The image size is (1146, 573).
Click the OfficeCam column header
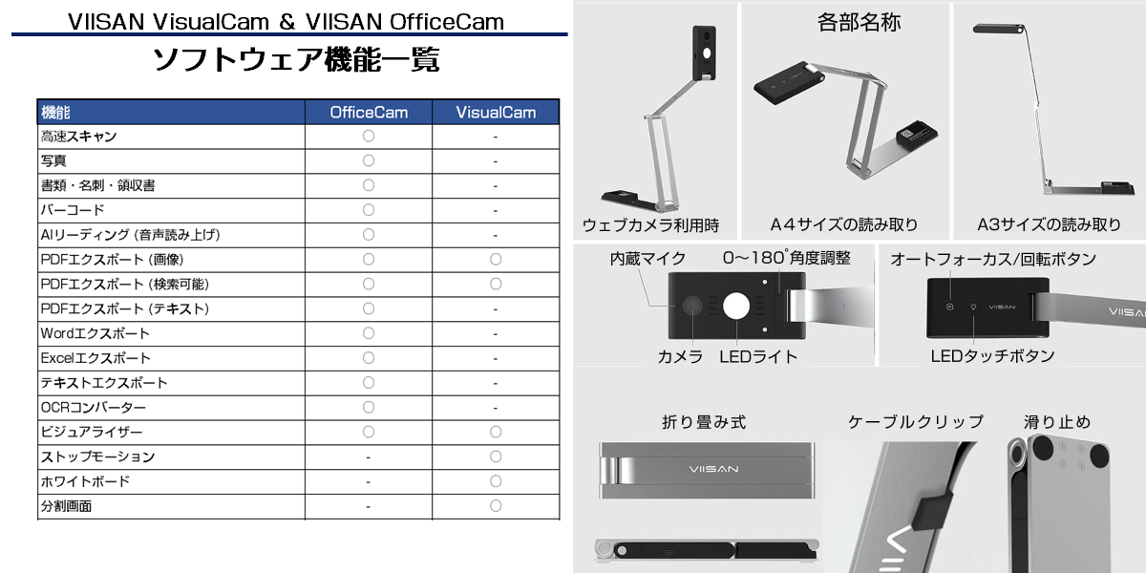369,112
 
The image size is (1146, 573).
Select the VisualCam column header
496,112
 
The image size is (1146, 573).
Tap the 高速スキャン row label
78,136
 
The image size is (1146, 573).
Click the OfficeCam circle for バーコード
369,210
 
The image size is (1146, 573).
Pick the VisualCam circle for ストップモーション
496,456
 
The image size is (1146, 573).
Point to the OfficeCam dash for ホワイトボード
369,482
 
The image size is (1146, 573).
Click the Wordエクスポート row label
95,333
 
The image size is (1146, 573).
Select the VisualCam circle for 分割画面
496,506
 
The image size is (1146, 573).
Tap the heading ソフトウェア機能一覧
296,59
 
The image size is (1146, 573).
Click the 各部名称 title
859,23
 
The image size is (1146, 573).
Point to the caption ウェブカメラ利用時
650,225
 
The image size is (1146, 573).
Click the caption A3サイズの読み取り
1049,224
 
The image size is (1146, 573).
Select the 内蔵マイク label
647,259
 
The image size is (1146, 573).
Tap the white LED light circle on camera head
736,307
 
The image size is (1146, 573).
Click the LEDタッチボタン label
992,356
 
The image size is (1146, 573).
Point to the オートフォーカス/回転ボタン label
993,260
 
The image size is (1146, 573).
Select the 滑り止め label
1056,422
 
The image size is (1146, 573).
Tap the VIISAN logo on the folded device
713,469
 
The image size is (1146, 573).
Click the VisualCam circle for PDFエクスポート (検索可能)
496,284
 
